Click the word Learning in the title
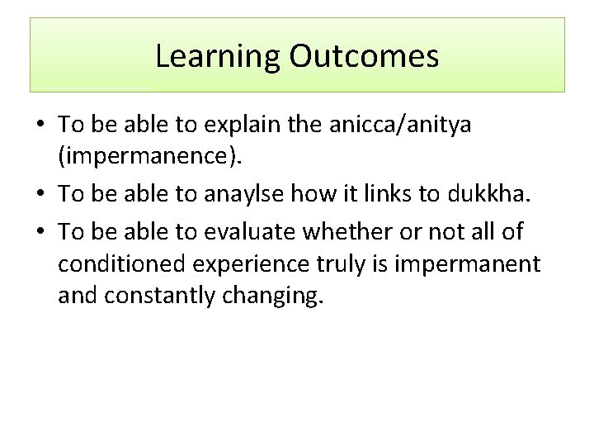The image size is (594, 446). point(219,56)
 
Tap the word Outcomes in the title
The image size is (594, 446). point(364,56)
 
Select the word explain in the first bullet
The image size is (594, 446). point(237,125)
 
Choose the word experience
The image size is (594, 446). point(256,264)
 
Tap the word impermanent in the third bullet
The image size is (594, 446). point(469,264)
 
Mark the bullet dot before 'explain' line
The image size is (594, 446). point(40,126)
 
